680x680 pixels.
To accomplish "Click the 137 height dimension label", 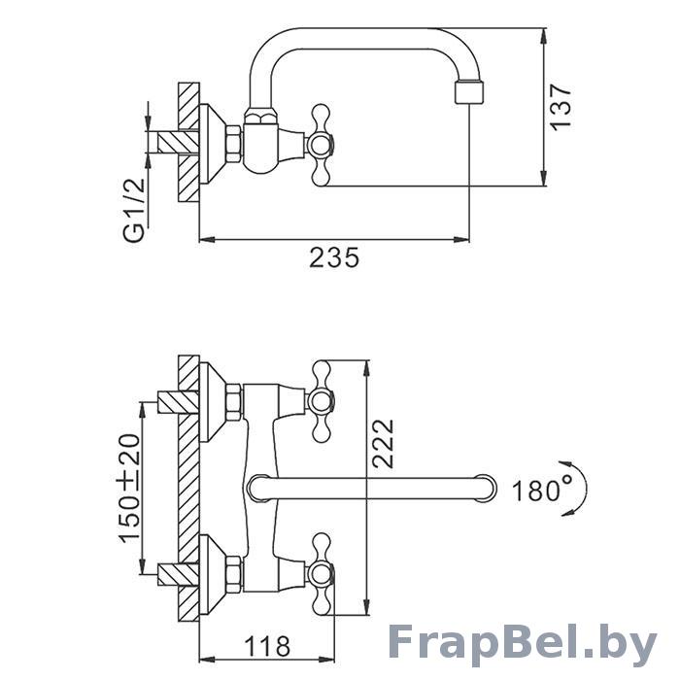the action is click(561, 107).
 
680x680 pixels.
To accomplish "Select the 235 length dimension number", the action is click(334, 257).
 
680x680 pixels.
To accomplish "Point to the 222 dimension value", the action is click(383, 443).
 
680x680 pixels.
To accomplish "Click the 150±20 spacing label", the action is click(129, 488).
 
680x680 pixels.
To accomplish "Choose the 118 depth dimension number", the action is click(267, 647).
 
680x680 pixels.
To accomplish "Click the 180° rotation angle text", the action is click(542, 490).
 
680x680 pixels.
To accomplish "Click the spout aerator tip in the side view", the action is click(469, 92).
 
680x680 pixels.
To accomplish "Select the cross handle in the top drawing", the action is click(322, 145).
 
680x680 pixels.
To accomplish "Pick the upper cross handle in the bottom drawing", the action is click(322, 401).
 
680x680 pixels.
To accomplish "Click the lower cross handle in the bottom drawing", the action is click(322, 573).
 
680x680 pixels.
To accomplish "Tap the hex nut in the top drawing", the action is click(234, 145).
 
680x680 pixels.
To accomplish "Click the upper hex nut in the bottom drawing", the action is click(234, 402).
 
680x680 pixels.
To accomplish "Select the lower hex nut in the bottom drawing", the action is click(234, 574).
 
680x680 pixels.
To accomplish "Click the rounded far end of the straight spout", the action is click(487, 489).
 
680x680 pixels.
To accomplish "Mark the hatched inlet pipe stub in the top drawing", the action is click(178, 142).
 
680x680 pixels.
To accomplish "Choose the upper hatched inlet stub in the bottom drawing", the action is click(178, 402).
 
